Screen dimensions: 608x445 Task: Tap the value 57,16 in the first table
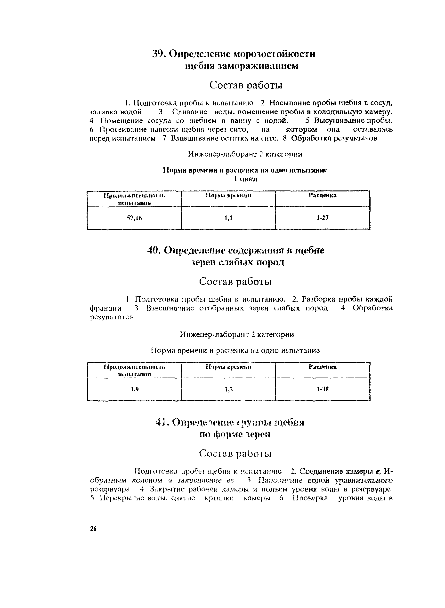tap(134, 218)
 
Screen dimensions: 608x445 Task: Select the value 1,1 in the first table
tap(228, 218)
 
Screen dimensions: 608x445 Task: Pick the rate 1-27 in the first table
tap(323, 217)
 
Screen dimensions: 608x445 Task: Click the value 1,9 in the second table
tap(134, 389)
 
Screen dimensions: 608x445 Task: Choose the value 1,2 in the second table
tap(229, 389)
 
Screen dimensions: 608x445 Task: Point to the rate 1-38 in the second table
tap(323, 389)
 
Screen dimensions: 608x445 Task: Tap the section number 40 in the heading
tap(154, 251)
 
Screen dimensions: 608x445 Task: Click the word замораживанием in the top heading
tap(258, 66)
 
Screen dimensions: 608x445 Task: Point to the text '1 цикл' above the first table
tap(245, 179)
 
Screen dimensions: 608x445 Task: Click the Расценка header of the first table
tap(323, 195)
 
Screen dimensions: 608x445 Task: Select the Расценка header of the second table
tap(323, 367)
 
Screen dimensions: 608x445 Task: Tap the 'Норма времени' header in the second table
tap(228, 367)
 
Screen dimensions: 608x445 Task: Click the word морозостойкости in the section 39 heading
tap(274, 54)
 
